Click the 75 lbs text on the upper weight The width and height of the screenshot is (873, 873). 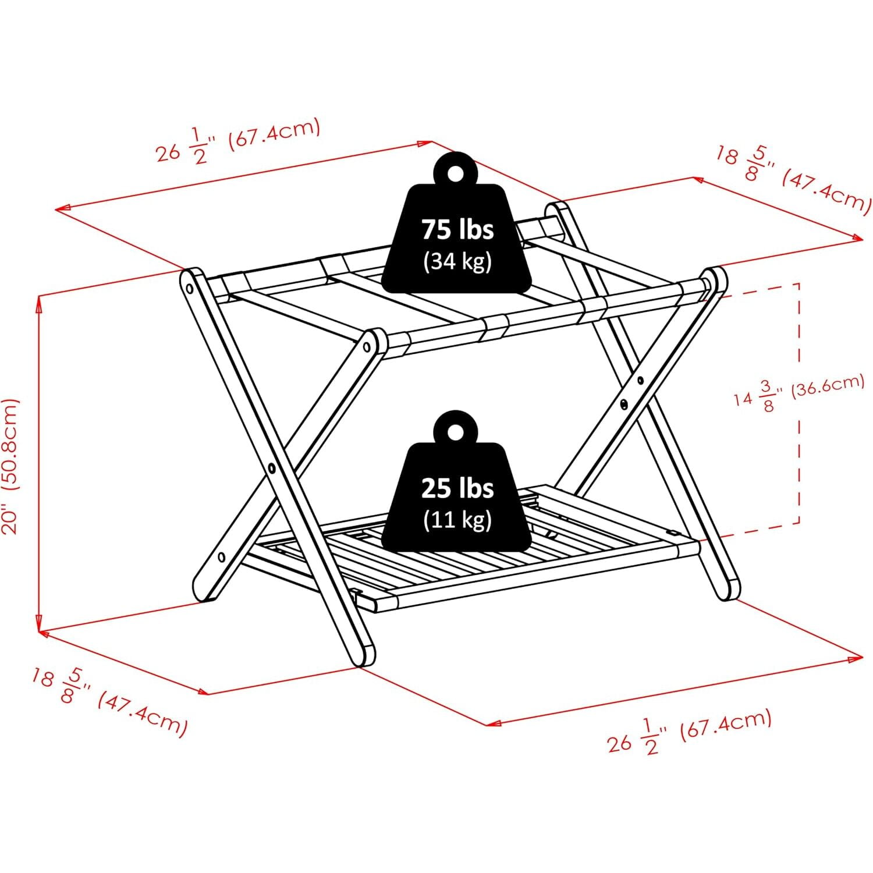click(x=457, y=229)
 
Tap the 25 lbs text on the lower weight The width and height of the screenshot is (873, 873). click(x=457, y=488)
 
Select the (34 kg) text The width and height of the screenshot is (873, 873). click(x=457, y=261)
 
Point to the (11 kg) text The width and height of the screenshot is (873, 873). click(x=457, y=519)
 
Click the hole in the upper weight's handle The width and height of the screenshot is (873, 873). click(x=455, y=172)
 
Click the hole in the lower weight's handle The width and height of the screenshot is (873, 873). click(x=455, y=431)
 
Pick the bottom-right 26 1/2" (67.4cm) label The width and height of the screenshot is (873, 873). click(x=690, y=732)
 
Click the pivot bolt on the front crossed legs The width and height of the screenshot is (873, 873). click(x=272, y=467)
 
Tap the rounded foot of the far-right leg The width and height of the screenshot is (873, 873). click(x=728, y=588)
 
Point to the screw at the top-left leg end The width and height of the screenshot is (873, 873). click(x=189, y=288)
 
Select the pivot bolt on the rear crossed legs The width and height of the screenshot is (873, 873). click(x=624, y=403)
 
